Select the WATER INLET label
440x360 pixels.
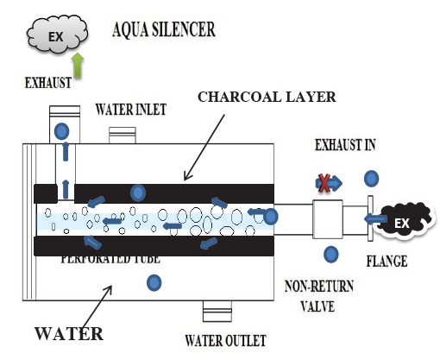pyautogui.click(x=129, y=109)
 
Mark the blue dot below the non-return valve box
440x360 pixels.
pyautogui.click(x=330, y=254)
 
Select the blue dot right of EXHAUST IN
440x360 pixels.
pyautogui.click(x=371, y=179)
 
